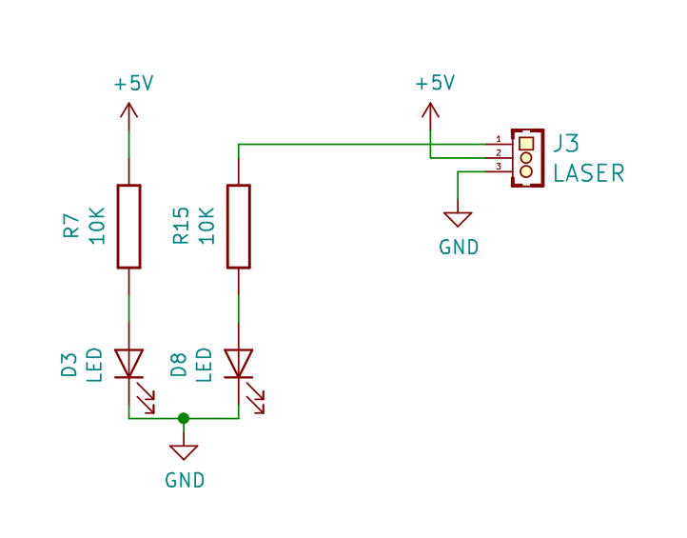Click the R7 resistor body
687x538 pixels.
click(128, 227)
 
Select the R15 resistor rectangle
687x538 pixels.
click(239, 227)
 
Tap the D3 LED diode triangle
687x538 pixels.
click(128, 363)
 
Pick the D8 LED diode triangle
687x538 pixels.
click(239, 363)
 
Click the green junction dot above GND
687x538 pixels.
click(184, 418)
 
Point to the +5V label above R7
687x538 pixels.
click(133, 83)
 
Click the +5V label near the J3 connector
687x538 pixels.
click(435, 83)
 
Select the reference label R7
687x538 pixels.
click(71, 227)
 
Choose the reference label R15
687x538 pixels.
click(181, 226)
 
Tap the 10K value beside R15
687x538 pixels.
click(206, 226)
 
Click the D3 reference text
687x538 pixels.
click(69, 365)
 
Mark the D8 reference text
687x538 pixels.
click(178, 365)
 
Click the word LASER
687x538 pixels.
click(588, 173)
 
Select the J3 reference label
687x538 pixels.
click(566, 144)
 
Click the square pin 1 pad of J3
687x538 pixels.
click(526, 144)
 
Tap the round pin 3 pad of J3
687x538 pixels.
click(526, 171)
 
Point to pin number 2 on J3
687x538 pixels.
click(499, 153)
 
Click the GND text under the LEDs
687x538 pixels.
click(185, 481)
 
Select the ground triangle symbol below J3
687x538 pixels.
click(458, 219)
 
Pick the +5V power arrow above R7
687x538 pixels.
click(128, 116)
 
